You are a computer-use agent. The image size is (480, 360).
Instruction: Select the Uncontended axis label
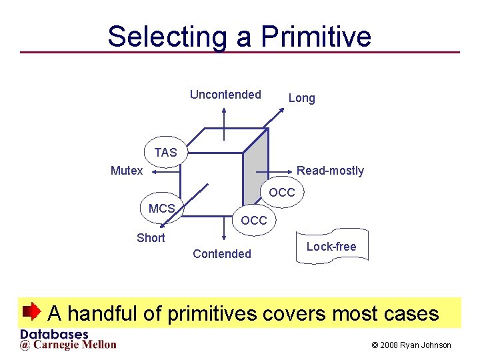pos(225,95)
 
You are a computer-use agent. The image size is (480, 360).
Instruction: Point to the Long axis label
pos(301,99)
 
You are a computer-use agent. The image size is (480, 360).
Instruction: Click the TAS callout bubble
pos(166,153)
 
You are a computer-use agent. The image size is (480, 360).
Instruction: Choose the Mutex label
pos(127,171)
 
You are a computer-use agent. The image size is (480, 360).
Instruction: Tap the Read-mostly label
pos(330,171)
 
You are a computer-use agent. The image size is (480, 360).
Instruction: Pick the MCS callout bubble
pos(161,208)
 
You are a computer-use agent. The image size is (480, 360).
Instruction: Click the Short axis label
pos(151,238)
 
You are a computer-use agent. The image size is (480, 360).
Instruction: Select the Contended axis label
pos(222,254)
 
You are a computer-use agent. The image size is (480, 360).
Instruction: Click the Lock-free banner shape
pos(331,248)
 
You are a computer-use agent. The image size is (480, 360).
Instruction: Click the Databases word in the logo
pos(55,335)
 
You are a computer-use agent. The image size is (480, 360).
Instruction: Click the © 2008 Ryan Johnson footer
pos(411,345)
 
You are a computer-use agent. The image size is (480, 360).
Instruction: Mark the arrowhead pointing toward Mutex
pos(153,171)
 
